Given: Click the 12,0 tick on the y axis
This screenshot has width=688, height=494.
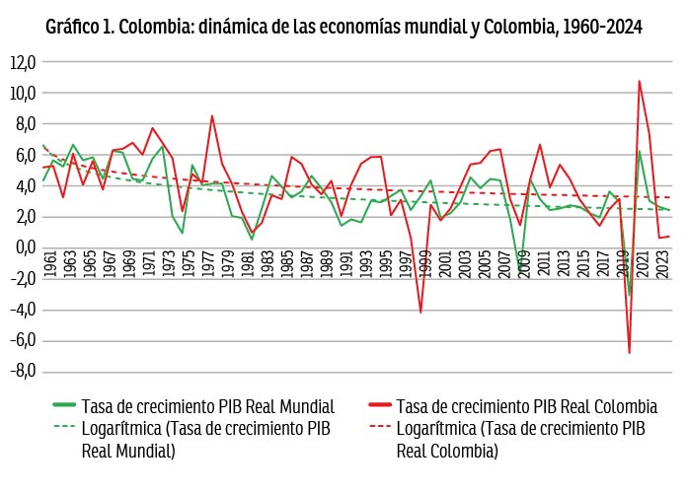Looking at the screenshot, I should pos(23,62).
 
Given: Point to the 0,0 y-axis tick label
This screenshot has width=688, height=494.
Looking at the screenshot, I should pos(25,247).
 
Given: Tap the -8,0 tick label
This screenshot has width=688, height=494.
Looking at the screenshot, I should pos(23,372).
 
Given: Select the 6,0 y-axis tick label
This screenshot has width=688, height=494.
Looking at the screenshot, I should pos(25,155).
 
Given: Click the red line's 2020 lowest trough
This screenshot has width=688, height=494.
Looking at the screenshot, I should pos(629,352).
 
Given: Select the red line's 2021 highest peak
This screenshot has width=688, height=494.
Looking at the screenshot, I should pos(639,81).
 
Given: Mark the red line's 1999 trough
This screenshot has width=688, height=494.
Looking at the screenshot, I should pos(420,312).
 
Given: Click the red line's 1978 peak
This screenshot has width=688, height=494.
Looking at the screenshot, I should pos(211,115).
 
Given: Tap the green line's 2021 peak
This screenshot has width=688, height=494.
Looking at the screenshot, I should pos(639,151).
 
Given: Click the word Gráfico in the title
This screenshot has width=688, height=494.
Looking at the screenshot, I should pos(75,27).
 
